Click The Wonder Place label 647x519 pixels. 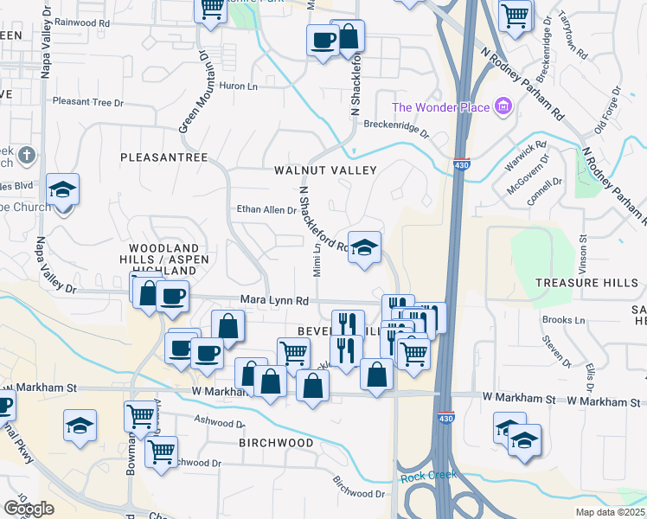[440, 107]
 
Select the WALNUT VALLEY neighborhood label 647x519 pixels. [325, 170]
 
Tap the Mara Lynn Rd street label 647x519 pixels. [274, 301]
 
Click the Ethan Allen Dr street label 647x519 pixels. [266, 209]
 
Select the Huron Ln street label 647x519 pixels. [240, 86]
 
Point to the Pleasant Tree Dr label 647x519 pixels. [88, 102]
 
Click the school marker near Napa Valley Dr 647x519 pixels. [62, 189]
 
